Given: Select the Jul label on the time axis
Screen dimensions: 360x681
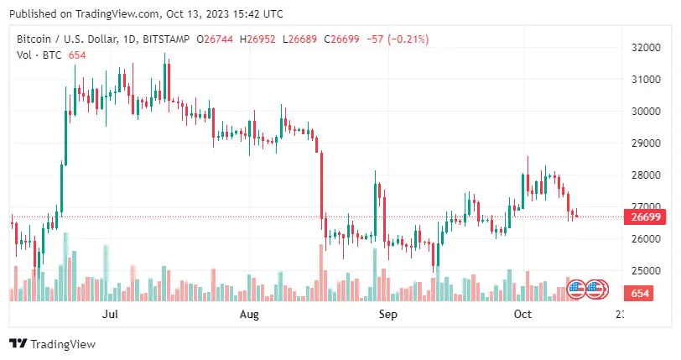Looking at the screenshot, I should coord(109,315).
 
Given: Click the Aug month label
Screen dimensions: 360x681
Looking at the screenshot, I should coord(249,315).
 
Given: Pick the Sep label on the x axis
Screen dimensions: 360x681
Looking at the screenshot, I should coord(387,315).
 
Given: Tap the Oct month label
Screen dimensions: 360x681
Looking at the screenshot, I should coord(522,315).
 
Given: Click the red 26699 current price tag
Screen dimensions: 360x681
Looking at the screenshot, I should coord(642,217).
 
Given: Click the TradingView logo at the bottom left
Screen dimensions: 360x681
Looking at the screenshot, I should coord(52,344).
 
